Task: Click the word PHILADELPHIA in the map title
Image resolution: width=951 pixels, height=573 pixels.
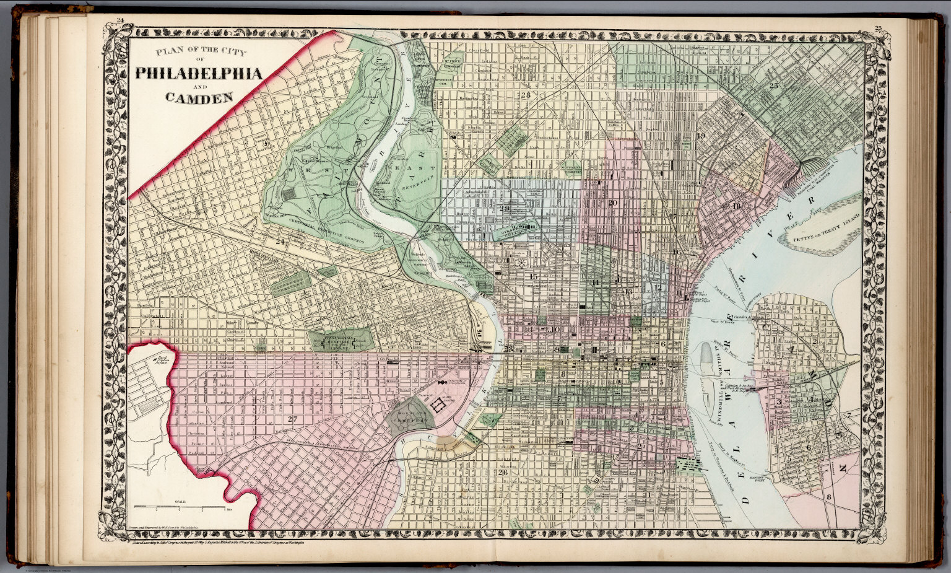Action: (198, 73)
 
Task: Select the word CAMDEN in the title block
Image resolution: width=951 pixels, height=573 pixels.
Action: (198, 97)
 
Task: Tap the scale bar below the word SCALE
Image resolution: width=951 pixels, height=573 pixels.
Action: (180, 509)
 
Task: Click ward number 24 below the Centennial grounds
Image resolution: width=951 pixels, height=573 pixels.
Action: (282, 242)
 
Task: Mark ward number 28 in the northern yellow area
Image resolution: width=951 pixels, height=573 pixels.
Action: (526, 95)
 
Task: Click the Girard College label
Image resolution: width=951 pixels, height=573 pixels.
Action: (519, 230)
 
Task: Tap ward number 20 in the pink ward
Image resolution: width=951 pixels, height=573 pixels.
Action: (613, 203)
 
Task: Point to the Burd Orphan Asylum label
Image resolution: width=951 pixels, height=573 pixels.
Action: (162, 357)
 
